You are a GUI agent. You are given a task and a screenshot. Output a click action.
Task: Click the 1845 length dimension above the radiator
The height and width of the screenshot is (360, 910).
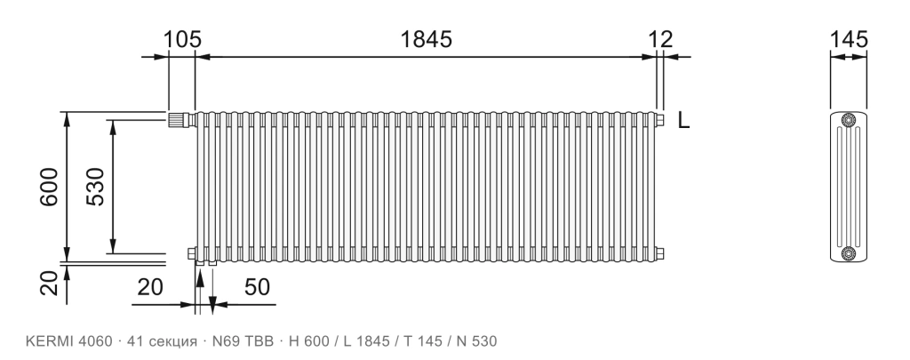click(x=426, y=39)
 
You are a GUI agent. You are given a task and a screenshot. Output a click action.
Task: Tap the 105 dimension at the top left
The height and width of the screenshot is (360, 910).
click(x=181, y=39)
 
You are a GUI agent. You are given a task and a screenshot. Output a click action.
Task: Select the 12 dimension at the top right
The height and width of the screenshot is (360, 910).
click(x=660, y=39)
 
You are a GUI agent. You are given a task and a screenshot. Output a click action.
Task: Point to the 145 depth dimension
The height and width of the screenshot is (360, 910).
click(x=849, y=39)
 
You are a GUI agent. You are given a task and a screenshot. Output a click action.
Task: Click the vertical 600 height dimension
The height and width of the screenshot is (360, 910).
click(x=50, y=187)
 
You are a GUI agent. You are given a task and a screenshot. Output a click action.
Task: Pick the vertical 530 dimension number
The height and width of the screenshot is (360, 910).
click(x=94, y=187)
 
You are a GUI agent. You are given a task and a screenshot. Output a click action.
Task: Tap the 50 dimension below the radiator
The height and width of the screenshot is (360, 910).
click(x=257, y=287)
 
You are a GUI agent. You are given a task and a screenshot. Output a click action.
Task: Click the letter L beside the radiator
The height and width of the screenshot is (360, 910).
click(x=683, y=120)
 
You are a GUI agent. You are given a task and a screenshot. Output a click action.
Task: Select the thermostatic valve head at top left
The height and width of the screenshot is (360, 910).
click(x=180, y=120)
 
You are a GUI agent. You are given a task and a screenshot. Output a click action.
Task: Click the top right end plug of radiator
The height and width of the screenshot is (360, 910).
click(x=660, y=120)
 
